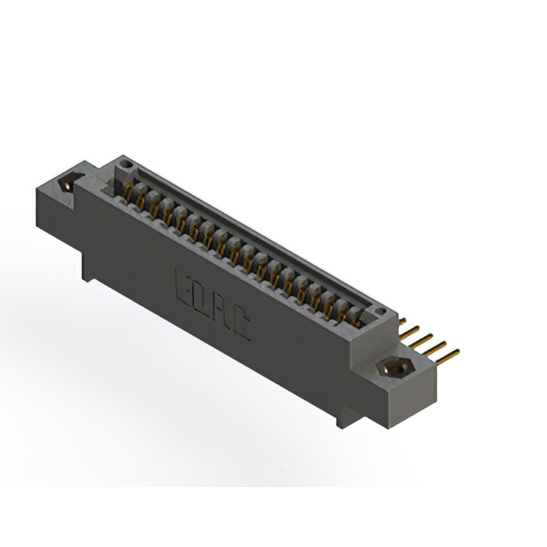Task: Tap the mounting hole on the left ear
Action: click(68, 184)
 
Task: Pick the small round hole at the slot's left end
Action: click(126, 162)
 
